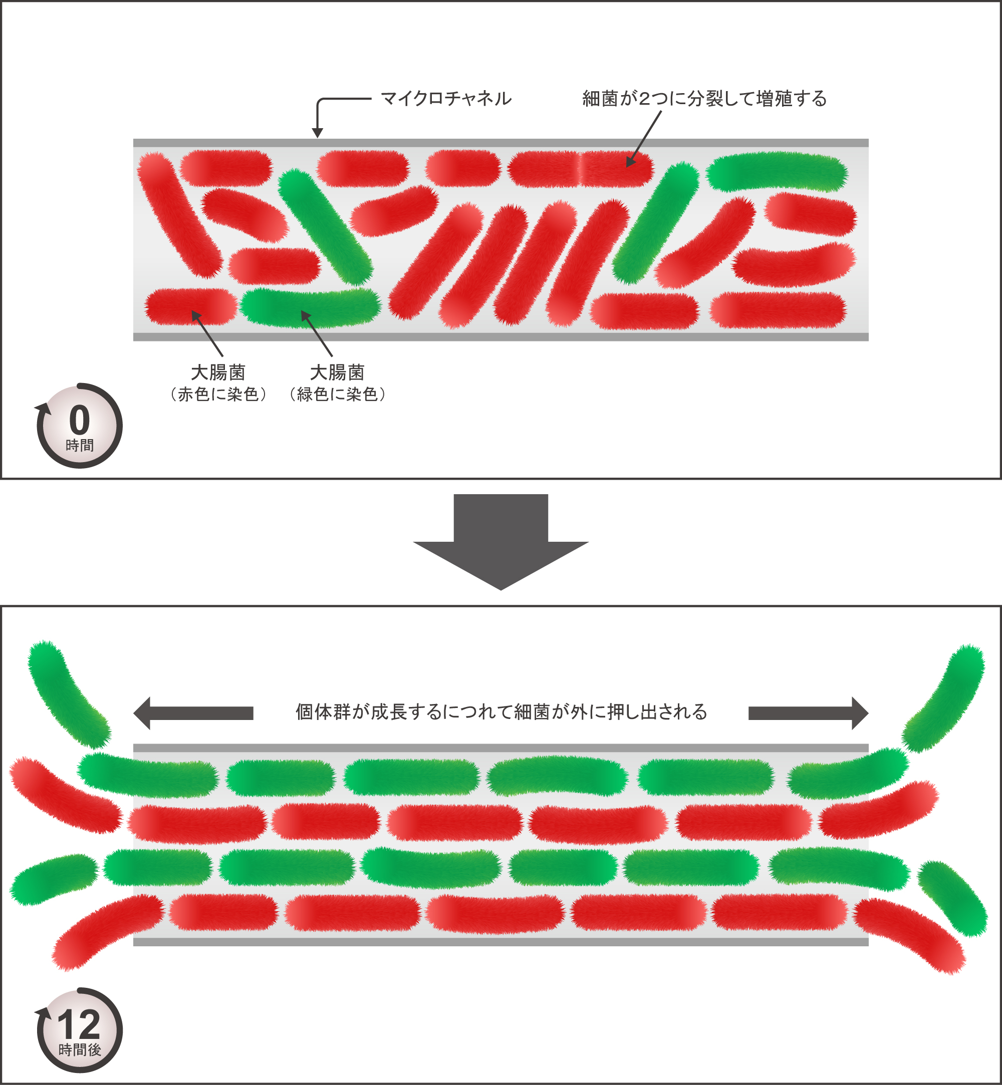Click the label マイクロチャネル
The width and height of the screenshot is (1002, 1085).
click(446, 99)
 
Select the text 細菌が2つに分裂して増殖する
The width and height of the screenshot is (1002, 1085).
click(704, 99)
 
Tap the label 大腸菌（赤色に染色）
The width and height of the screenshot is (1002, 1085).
click(218, 383)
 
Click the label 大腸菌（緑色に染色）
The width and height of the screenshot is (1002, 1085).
click(337, 383)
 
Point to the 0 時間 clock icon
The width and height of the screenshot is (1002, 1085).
click(80, 426)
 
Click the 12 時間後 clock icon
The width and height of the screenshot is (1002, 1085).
click(80, 1030)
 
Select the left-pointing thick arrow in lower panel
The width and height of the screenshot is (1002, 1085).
click(193, 713)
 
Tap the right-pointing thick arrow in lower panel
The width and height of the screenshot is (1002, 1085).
click(808, 713)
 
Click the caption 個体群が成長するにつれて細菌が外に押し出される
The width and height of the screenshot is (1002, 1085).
click(501, 711)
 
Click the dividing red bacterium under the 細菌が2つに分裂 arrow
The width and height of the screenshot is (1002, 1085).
click(580, 169)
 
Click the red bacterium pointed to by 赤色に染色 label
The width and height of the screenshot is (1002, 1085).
click(190, 307)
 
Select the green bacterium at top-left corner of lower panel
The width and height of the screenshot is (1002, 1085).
click(68, 693)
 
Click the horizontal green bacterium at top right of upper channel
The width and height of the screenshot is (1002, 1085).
click(777, 171)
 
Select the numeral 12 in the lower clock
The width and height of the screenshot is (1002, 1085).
click(80, 1025)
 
